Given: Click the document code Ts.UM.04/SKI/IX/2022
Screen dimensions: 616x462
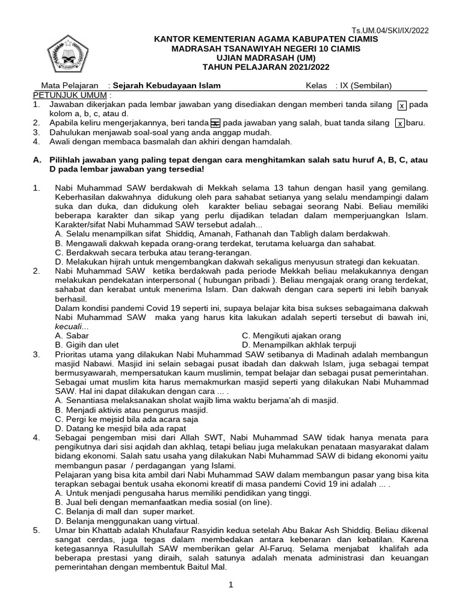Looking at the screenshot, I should (x=390, y=31).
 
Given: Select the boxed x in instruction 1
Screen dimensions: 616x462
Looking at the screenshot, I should (x=402, y=105).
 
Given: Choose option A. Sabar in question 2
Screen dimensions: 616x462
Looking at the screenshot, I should (x=72, y=335).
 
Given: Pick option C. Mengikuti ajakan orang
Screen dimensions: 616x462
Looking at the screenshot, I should (x=291, y=335).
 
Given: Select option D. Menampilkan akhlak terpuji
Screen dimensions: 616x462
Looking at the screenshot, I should (x=299, y=345).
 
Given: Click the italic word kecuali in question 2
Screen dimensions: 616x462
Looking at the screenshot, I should (x=69, y=326).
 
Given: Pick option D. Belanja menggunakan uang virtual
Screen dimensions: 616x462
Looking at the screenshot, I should (x=126, y=520).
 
